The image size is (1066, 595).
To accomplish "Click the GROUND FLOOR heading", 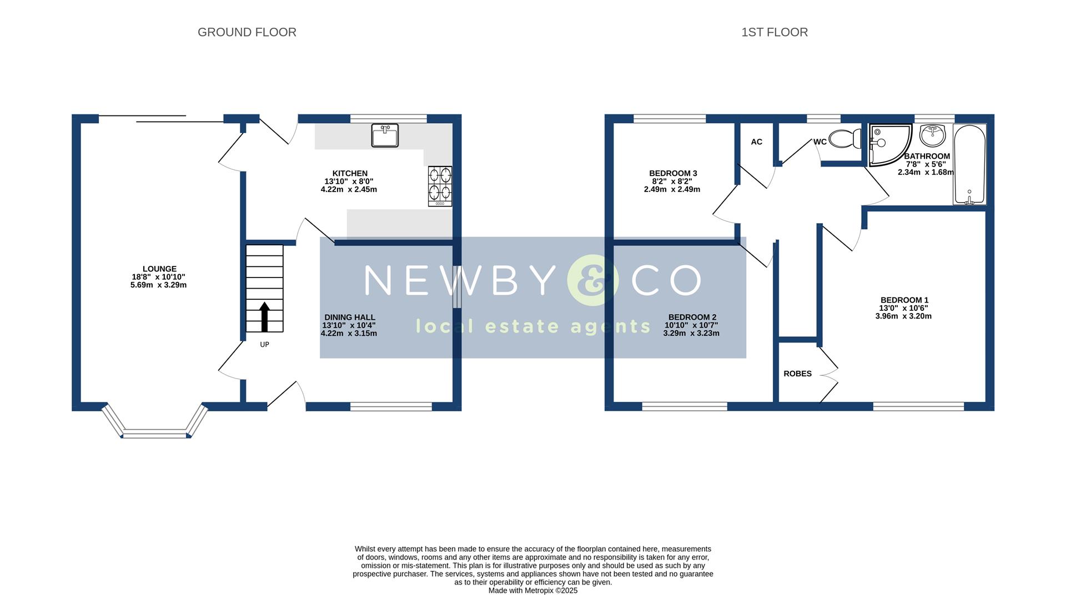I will (x=247, y=32).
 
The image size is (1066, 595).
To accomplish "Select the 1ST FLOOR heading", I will (x=774, y=32).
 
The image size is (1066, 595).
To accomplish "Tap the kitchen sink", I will (x=385, y=135).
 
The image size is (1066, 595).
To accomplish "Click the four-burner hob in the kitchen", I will (x=440, y=186).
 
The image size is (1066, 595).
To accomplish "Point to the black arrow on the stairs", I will (x=264, y=316).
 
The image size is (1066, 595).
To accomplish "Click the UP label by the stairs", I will (x=264, y=345).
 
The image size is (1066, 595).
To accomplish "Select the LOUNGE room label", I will (x=159, y=269).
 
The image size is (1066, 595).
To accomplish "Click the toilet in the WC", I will (x=844, y=138).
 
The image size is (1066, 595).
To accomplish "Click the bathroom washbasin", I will (x=932, y=134).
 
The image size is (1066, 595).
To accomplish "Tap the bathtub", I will (x=969, y=164).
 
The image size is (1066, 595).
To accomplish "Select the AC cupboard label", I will (x=756, y=142).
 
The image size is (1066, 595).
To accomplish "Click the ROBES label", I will (x=797, y=374).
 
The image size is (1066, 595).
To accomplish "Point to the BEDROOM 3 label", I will (x=673, y=173).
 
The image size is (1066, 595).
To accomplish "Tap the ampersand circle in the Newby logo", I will (x=592, y=280).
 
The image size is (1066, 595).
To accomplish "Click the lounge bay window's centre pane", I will (x=155, y=433).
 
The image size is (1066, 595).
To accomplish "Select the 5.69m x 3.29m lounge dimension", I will (x=158, y=285).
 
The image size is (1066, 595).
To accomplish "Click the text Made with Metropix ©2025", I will (x=532, y=591).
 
